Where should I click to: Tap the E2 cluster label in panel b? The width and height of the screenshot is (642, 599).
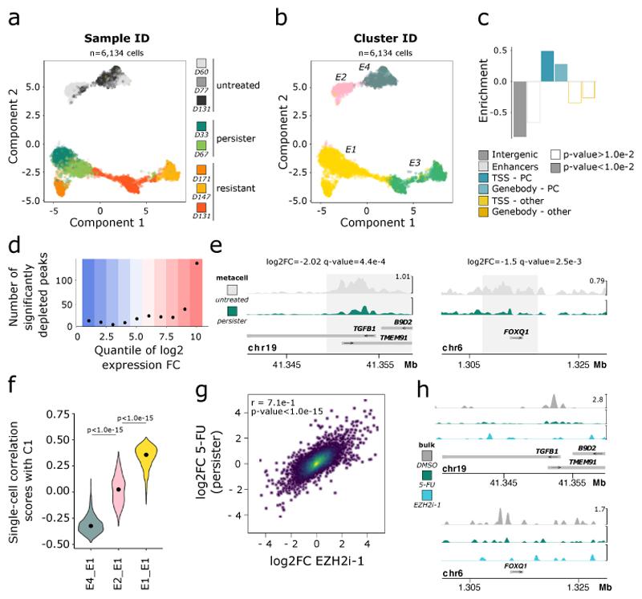click(340, 76)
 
